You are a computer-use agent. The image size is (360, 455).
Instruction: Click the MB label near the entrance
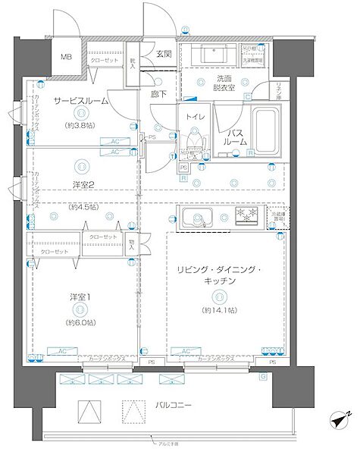pos(67,58)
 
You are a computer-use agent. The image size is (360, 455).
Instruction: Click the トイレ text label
pos(196,118)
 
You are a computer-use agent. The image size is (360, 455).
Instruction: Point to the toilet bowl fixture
pos(196,143)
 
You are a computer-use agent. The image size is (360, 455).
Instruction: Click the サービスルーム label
pos(80,100)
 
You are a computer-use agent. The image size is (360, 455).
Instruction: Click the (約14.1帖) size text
pos(219,311)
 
